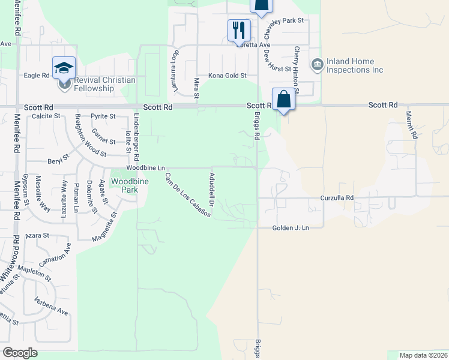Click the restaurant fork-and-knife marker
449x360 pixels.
pos(239,29)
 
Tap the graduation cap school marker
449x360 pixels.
pos(64,67)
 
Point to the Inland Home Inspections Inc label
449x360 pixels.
pos(355,65)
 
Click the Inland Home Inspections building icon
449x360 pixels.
pos(318,64)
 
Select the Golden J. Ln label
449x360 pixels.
pos(290,228)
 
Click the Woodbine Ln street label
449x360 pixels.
pos(145,169)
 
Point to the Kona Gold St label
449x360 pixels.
pos(228,76)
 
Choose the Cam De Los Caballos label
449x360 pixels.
pos(187,194)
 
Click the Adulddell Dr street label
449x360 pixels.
pos(211,187)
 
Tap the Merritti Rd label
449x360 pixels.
pos(411,125)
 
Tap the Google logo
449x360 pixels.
pos(20,353)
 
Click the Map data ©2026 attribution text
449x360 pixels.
pos(423,355)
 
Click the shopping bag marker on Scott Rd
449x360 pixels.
pos(283,99)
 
